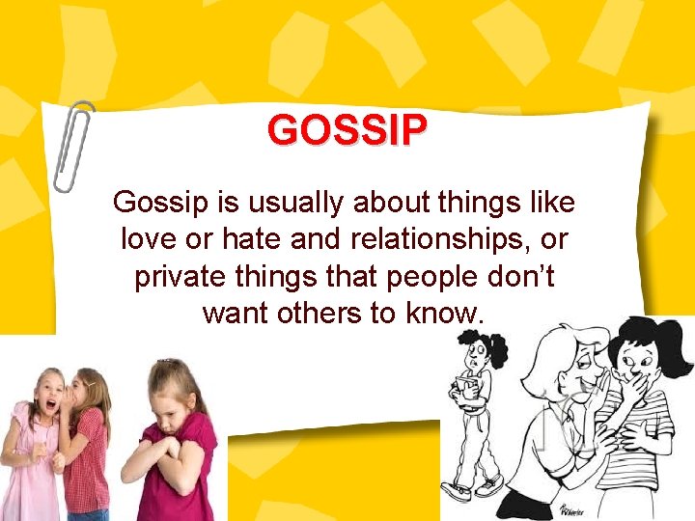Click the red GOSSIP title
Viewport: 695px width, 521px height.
[x=347, y=130]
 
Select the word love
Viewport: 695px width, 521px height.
[x=149, y=240]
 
